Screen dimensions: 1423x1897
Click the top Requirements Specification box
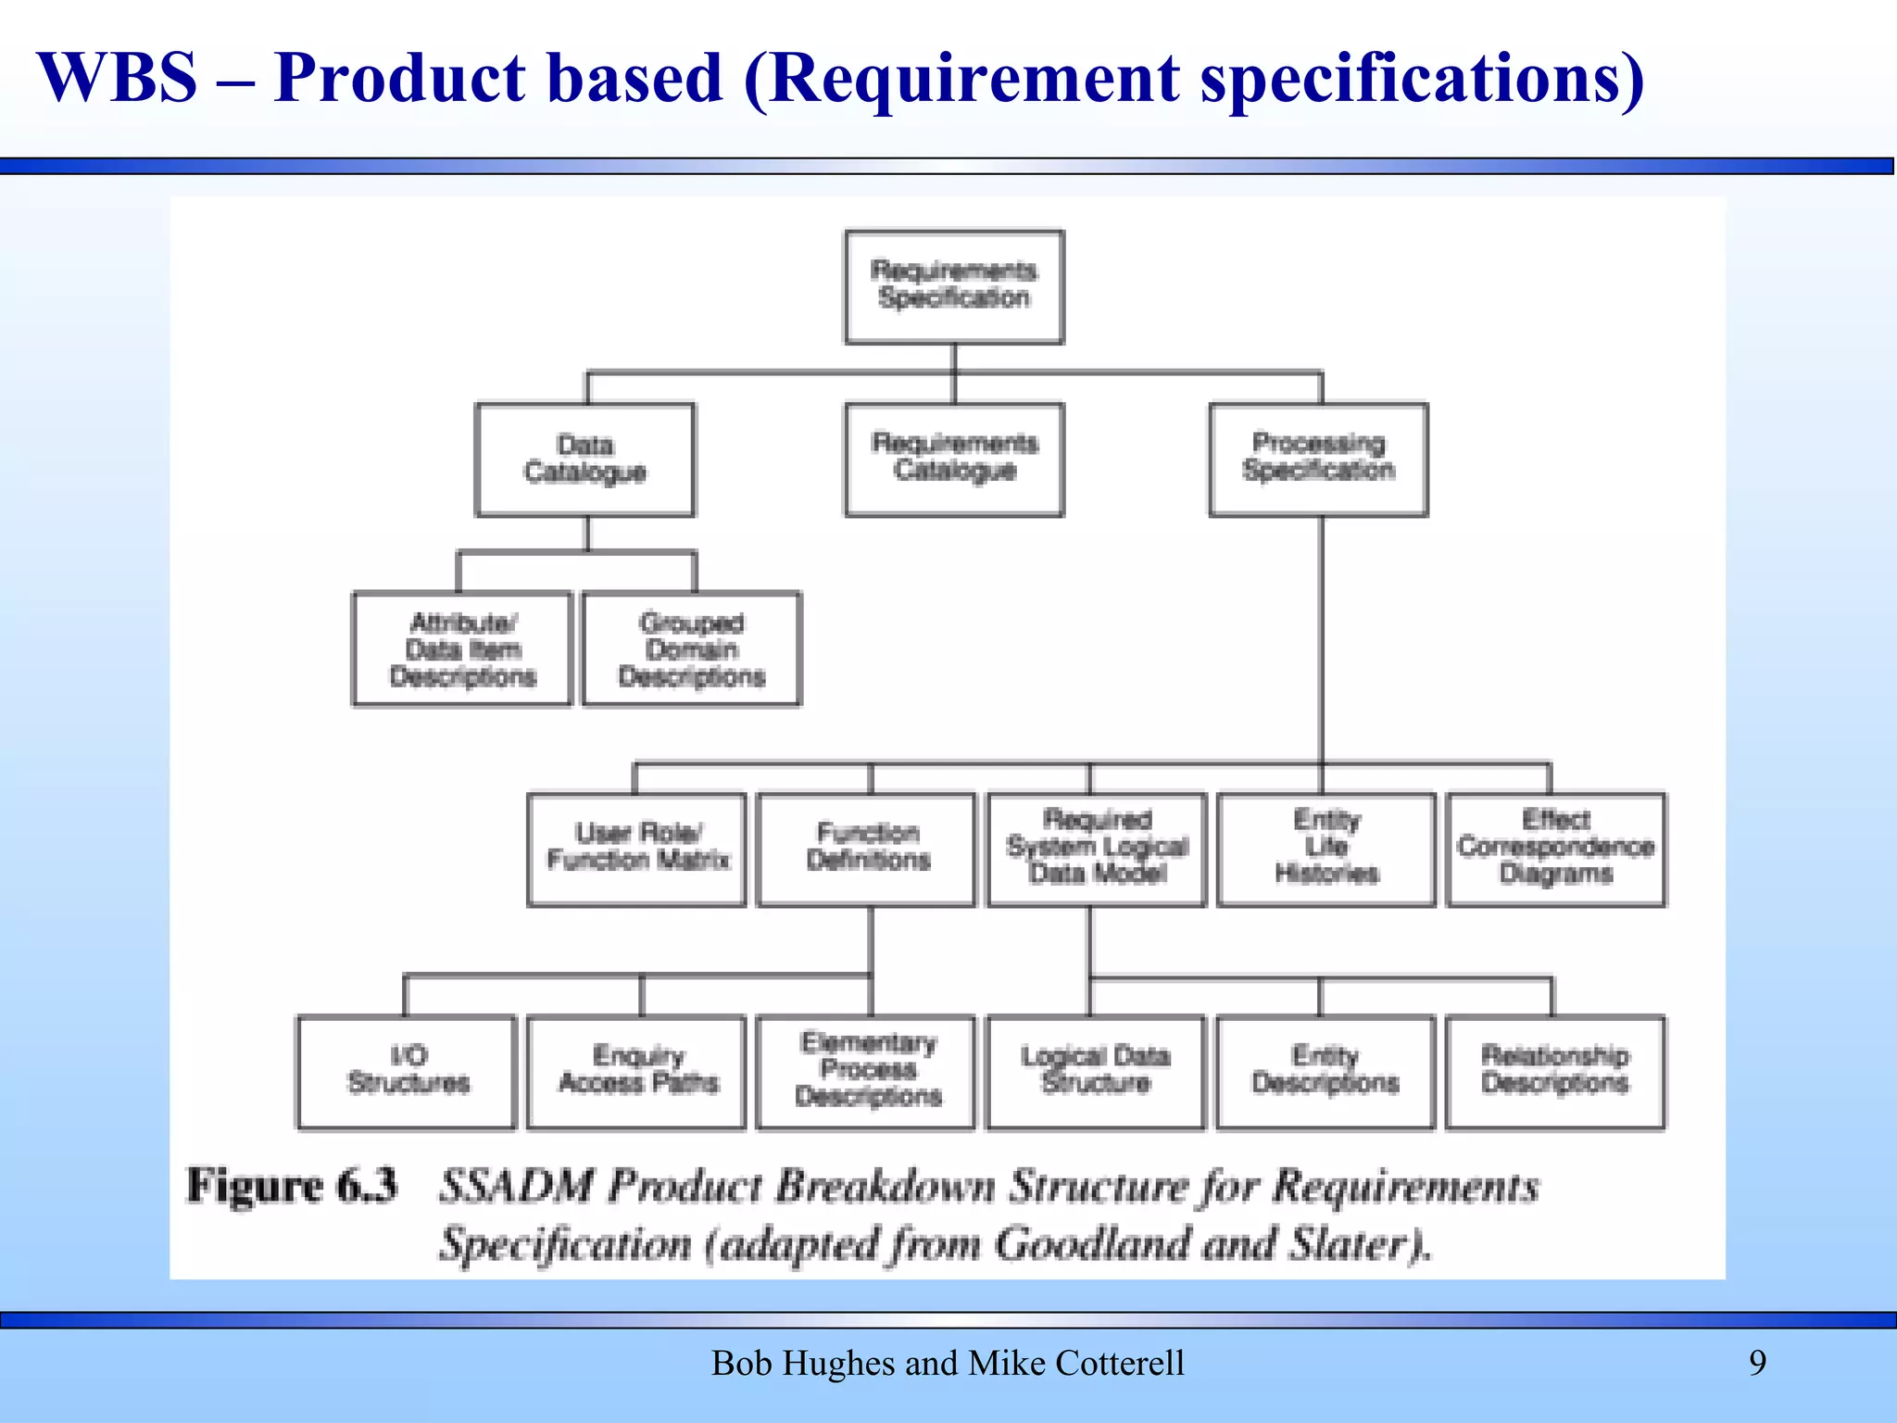pyautogui.click(x=954, y=286)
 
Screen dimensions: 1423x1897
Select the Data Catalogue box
pyautogui.click(x=584, y=460)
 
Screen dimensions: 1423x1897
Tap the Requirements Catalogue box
pyautogui.click(x=954, y=460)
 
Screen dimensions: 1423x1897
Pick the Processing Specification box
pyautogui.click(x=1318, y=460)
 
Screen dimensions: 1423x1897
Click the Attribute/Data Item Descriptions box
pyautogui.click(x=462, y=649)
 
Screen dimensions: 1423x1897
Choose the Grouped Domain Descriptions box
pyautogui.click(x=691, y=649)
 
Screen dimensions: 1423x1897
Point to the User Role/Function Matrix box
pyautogui.click(x=636, y=849)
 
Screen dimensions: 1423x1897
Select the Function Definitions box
pyautogui.click(x=867, y=849)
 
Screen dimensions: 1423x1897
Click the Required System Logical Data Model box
pyautogui.click(x=1097, y=849)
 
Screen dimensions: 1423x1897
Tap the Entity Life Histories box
pyautogui.click(x=1326, y=849)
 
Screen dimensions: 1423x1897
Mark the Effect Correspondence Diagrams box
pyautogui.click(x=1555, y=849)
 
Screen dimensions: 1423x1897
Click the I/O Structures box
pyautogui.click(x=407, y=1072)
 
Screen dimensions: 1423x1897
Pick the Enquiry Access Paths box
pyautogui.click(x=636, y=1072)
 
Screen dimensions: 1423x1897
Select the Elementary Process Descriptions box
pyautogui.click(x=867, y=1072)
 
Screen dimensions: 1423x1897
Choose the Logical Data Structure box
pyautogui.click(x=1096, y=1072)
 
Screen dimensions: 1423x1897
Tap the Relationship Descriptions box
pyautogui.click(x=1554, y=1072)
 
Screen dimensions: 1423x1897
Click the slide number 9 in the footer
pyautogui.click(x=1757, y=1363)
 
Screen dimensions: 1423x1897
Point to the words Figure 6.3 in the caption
pyautogui.click(x=292, y=1186)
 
